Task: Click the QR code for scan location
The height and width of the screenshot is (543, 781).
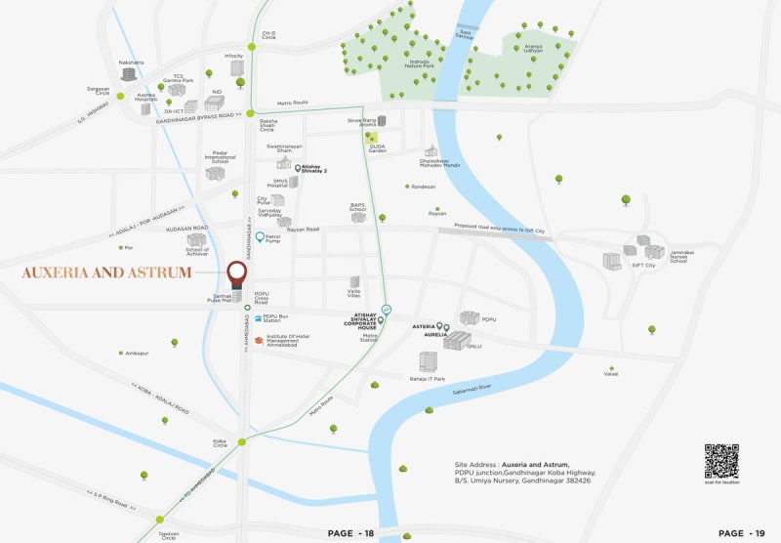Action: [x=721, y=460]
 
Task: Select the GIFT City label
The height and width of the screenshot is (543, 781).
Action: [x=643, y=265]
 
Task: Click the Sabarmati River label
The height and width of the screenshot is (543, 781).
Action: [x=469, y=388]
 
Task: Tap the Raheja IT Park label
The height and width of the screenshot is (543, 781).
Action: [x=426, y=378]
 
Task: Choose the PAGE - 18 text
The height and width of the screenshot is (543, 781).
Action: [x=352, y=533]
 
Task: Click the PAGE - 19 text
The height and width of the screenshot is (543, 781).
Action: [x=743, y=533]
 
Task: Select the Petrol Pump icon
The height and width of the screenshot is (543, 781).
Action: [x=260, y=237]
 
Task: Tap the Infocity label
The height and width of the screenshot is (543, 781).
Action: [x=233, y=56]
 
